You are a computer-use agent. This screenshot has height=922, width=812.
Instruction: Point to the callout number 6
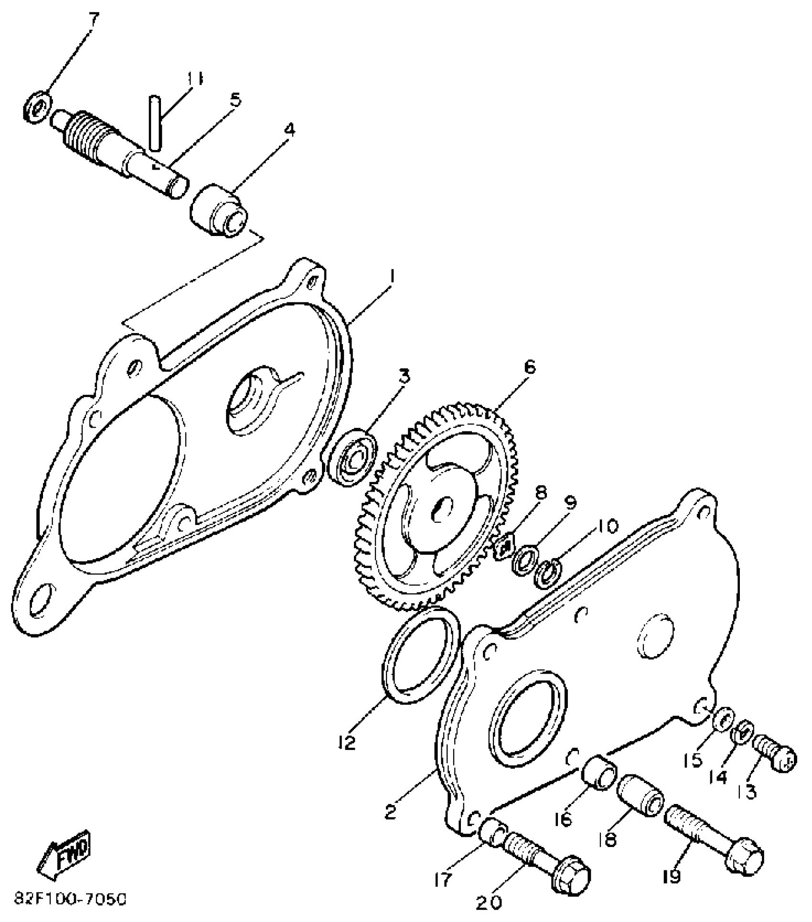click(529, 368)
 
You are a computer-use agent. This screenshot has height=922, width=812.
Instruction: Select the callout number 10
click(607, 526)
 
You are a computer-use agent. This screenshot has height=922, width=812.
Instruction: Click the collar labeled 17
click(492, 834)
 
